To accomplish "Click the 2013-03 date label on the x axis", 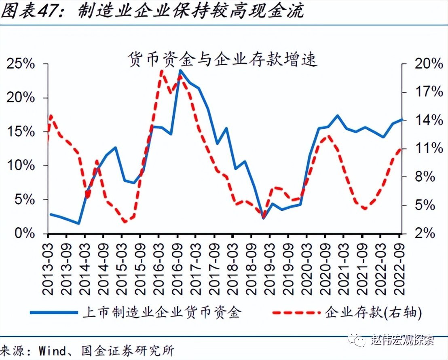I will click(x=49, y=267).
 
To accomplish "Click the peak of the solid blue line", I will click(x=180, y=70).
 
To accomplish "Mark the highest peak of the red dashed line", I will click(x=161, y=71).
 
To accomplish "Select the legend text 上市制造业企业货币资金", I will click(x=161, y=312).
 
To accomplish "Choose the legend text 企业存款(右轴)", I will click(x=373, y=312).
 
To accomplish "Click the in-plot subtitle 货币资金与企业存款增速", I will click(x=222, y=59).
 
